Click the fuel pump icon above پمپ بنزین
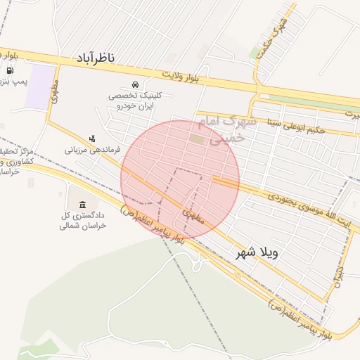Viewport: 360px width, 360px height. click(9, 70)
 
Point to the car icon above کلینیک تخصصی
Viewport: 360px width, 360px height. click(135, 84)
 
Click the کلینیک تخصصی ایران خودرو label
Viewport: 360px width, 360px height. click(136, 100)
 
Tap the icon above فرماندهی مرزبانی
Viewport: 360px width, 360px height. click(91, 139)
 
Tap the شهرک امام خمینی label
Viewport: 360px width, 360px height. click(221, 130)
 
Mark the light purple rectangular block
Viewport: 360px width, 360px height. click(40, 86)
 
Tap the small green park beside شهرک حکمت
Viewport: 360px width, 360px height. click(255, 53)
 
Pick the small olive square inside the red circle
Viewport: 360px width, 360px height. click(196, 141)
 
